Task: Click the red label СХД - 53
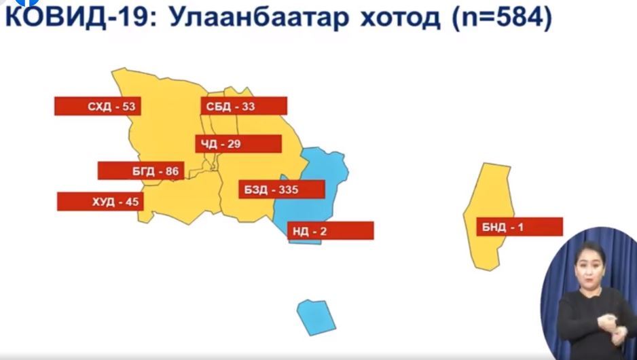(98, 106)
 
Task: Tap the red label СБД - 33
(244, 106)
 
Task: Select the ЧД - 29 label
(238, 144)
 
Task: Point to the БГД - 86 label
(141, 170)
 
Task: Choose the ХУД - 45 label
(101, 202)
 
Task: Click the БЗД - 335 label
(282, 190)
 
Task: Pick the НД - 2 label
(331, 231)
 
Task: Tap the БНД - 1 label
(520, 227)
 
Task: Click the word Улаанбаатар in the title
(259, 17)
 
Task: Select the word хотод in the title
(400, 18)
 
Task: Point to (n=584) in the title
(502, 18)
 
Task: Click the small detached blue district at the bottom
(316, 317)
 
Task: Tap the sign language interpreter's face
(589, 265)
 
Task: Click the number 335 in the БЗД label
(289, 190)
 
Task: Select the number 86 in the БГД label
(172, 171)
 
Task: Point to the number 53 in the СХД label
(128, 107)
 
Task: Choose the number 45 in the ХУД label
(132, 202)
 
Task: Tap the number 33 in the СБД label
(249, 107)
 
